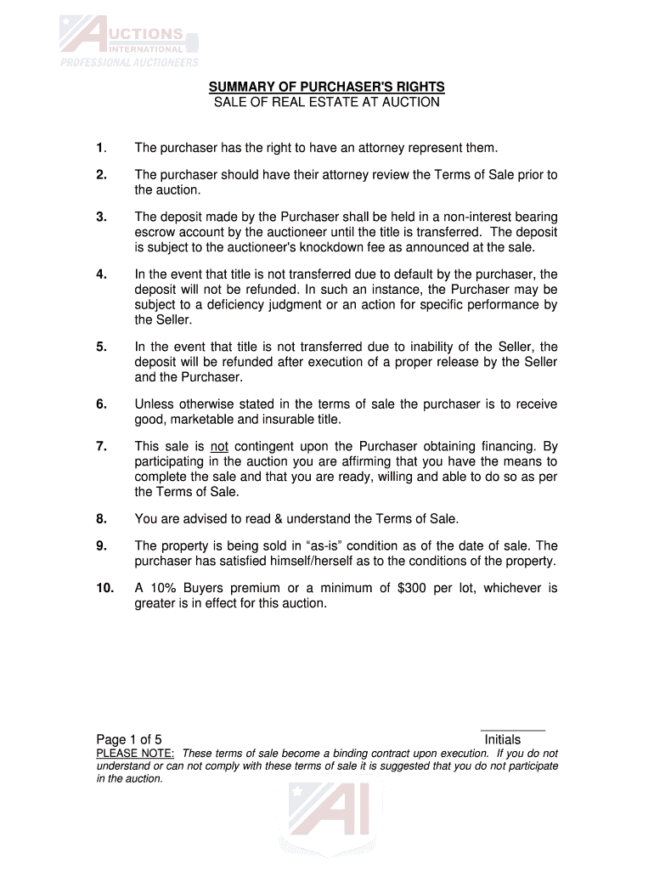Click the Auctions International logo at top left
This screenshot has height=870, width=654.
(x=128, y=43)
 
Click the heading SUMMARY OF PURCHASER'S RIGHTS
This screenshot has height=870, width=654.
(x=327, y=88)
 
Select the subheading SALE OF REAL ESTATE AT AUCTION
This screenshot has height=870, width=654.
(x=327, y=103)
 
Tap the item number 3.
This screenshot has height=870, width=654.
(x=101, y=217)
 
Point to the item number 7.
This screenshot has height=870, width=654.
(x=101, y=445)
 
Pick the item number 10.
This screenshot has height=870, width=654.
(x=104, y=588)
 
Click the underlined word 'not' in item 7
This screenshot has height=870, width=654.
(x=220, y=445)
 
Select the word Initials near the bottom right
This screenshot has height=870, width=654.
(x=503, y=740)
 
